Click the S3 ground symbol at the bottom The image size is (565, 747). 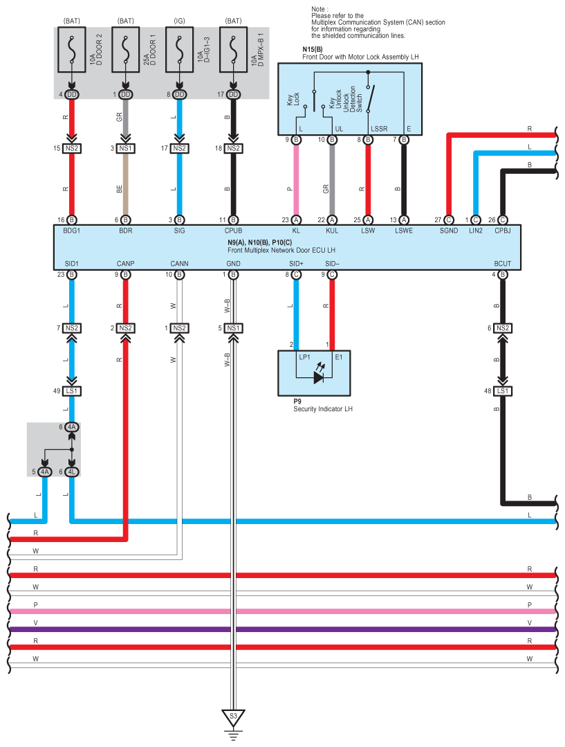233,717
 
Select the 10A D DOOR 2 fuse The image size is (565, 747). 71,50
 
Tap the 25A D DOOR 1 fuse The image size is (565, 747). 125,50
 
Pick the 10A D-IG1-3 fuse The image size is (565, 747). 179,50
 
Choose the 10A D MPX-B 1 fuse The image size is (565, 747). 233,50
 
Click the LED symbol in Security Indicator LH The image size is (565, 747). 318,377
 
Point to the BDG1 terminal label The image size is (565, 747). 72,231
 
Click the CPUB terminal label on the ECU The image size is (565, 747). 234,231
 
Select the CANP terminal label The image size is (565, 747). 125,263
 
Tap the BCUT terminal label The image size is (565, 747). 503,263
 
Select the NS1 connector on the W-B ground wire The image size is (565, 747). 234,328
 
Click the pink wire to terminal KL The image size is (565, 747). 297,187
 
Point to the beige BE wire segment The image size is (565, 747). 125,187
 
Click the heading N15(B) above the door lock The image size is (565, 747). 313,50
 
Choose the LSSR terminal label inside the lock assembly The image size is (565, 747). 379,129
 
